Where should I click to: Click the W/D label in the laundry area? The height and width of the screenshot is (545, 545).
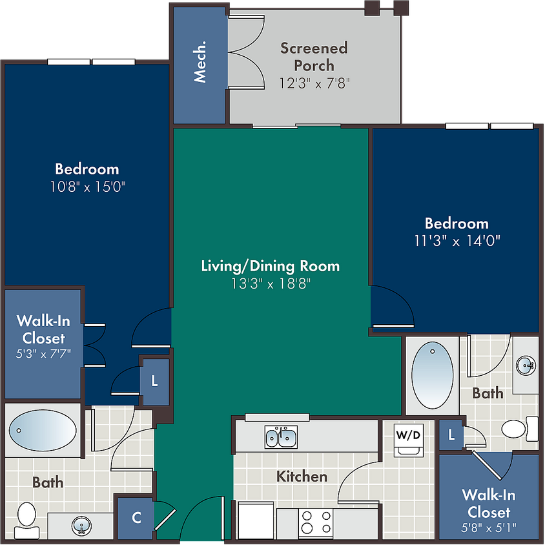pos(408,435)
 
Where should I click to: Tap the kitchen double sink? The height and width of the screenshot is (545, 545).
pos(281,437)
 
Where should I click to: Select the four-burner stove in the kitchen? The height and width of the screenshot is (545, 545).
pos(316,522)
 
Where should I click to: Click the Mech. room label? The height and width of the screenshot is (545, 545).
pos(200,61)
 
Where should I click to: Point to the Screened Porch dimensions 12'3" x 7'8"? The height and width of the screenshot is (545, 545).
pos(314,83)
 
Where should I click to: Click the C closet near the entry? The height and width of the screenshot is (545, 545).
pos(137,518)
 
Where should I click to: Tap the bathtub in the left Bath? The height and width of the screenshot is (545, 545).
pos(43,430)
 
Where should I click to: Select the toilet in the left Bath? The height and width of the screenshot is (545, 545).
pos(26,520)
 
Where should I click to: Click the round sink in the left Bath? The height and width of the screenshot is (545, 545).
pos(81,526)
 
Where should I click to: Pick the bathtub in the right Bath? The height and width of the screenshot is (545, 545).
pos(433,375)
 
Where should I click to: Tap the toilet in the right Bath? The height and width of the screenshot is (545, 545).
pos(519,429)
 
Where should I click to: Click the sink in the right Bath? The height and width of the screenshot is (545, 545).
pos(526,365)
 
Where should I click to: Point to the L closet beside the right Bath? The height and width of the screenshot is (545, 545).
pos(451,435)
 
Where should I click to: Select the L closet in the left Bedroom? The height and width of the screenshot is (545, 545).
pos(155,381)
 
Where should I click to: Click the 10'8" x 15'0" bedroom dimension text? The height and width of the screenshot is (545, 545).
pos(88,187)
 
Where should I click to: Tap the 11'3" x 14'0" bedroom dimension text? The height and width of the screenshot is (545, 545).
pos(457,240)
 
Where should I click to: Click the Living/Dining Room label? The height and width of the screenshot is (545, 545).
pos(271,266)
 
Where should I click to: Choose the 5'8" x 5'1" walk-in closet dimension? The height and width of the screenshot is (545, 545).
pos(489,528)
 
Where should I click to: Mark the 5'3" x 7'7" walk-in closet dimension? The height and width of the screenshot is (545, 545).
pos(43,354)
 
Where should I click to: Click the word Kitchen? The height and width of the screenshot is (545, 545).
pos(302,477)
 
